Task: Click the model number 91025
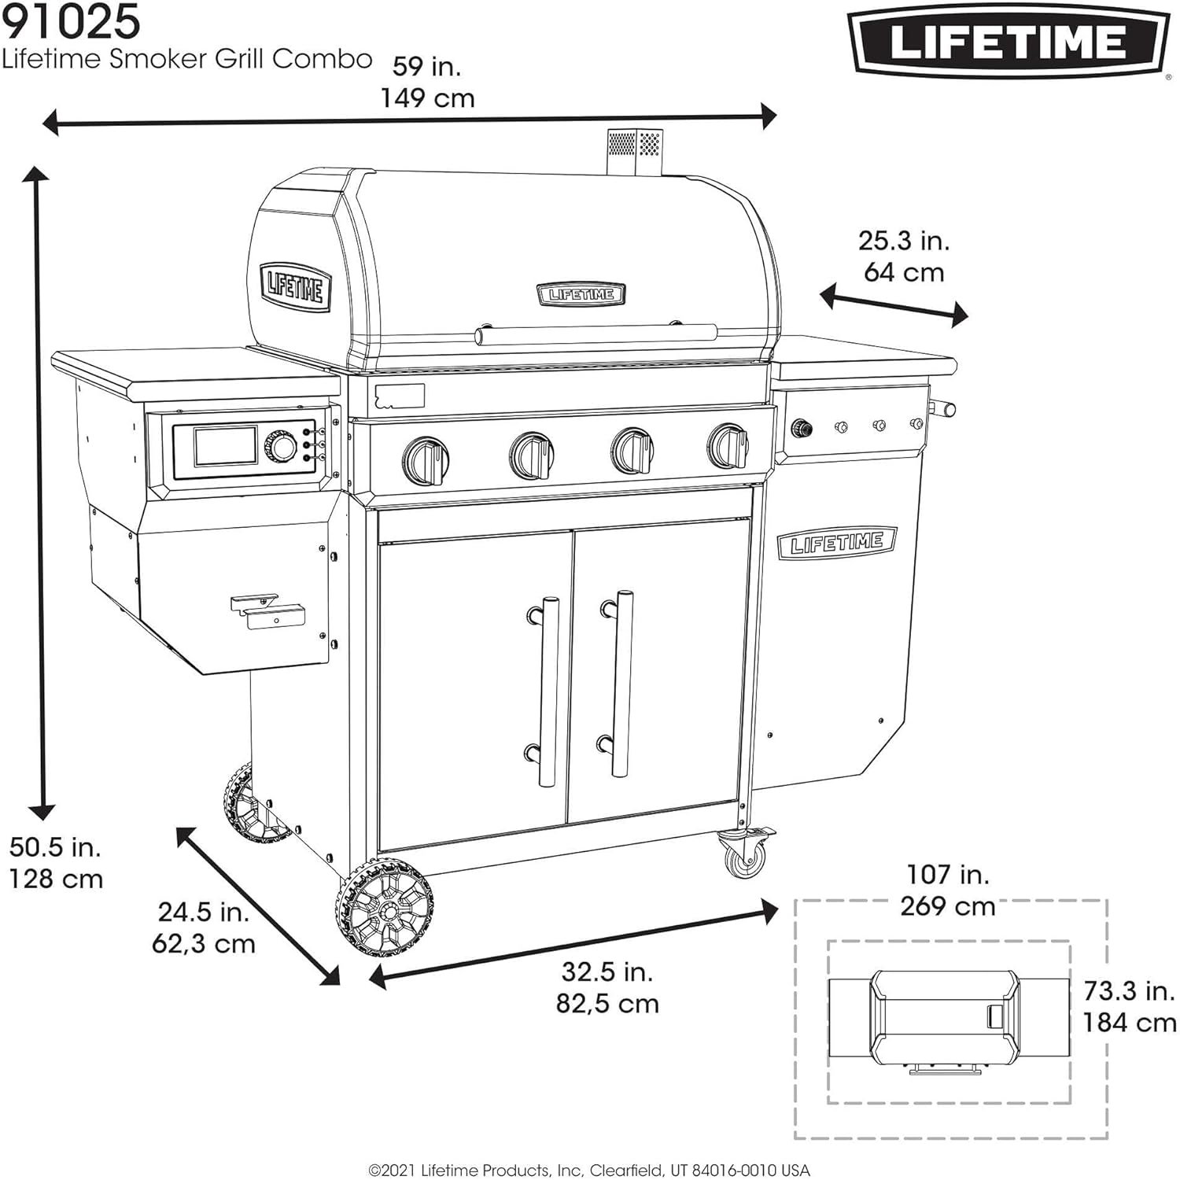tap(71, 22)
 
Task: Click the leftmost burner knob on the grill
tap(426, 459)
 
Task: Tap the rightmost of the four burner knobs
tap(728, 444)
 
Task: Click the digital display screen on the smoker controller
tap(226, 446)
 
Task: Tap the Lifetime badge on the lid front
tap(581, 294)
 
